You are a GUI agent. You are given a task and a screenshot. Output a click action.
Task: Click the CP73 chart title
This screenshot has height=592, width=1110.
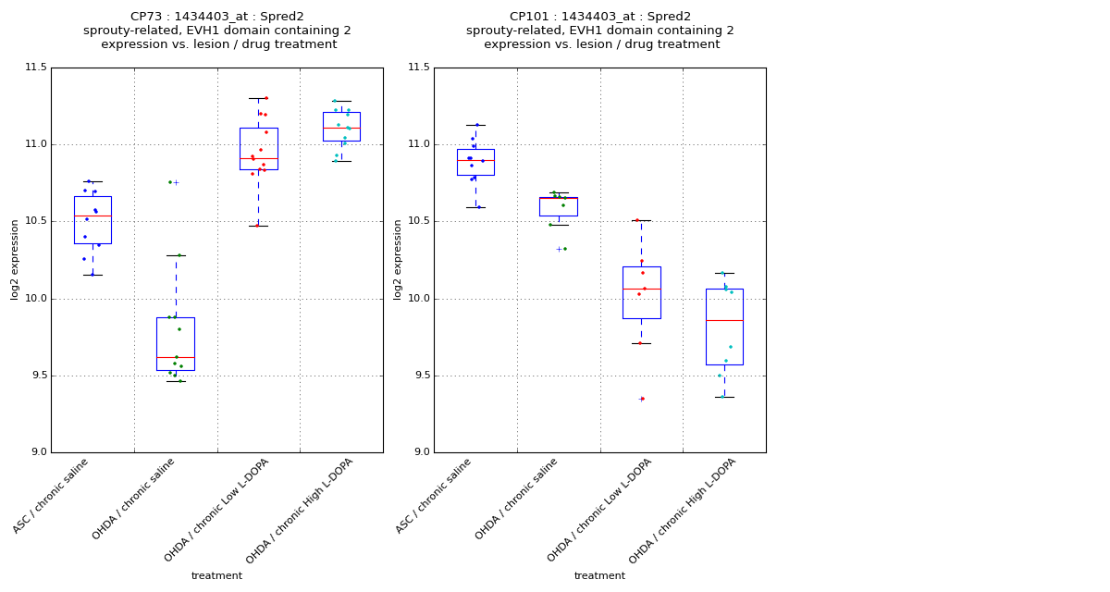click(216, 31)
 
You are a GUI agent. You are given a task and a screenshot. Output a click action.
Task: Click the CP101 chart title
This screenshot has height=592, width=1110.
click(599, 31)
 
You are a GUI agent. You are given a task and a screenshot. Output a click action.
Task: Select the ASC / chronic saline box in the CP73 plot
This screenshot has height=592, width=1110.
click(92, 220)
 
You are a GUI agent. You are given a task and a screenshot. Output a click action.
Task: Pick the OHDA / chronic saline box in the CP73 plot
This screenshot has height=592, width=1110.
click(176, 343)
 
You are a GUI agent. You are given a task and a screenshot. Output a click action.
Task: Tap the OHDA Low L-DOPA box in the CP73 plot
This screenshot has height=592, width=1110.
click(258, 148)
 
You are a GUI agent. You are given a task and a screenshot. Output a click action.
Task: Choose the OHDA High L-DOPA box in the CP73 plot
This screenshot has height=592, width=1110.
click(341, 127)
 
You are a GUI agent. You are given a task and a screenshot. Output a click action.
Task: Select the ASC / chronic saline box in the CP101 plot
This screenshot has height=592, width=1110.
click(475, 162)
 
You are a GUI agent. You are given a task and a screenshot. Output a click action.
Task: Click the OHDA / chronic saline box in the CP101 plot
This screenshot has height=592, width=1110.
click(559, 206)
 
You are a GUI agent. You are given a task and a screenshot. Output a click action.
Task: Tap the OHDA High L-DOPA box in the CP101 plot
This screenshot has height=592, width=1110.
click(724, 327)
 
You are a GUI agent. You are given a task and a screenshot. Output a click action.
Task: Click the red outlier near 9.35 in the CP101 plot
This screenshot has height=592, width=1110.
click(642, 399)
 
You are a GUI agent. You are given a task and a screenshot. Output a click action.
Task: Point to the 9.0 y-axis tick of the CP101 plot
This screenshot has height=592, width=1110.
click(420, 452)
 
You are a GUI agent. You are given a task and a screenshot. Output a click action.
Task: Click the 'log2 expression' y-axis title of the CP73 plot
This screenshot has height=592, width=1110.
click(16, 260)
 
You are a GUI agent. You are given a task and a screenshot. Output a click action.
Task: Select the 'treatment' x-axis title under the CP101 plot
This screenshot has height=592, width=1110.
click(599, 576)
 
